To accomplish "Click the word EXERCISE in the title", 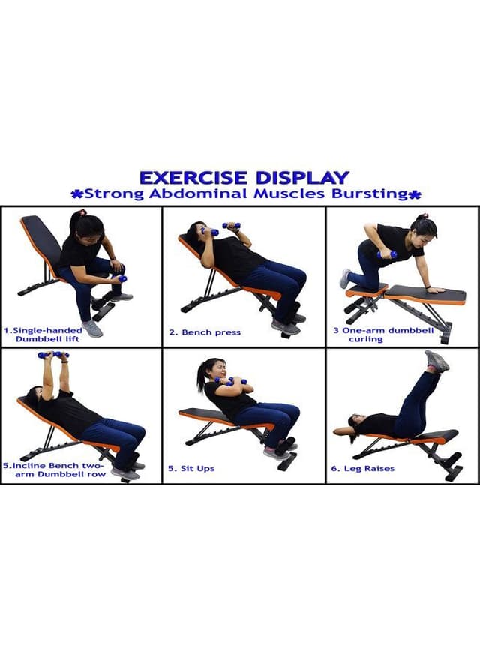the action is (x=193, y=178).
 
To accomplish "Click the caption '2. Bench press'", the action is (x=205, y=332).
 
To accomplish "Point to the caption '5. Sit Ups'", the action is (x=191, y=469).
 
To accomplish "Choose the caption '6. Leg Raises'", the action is (x=363, y=469).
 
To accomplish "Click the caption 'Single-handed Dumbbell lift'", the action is (x=43, y=335).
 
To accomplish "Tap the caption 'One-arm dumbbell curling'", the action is (x=383, y=335).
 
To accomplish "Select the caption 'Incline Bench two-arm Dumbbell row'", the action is (x=53, y=470).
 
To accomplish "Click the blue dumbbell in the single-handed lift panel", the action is (x=121, y=278).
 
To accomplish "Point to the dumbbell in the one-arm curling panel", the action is (x=386, y=254).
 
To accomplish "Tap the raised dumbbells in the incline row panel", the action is (x=53, y=355).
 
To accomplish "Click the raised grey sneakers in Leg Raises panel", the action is (x=436, y=362).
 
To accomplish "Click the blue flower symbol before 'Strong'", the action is (x=76, y=194).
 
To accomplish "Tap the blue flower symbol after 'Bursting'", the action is (x=415, y=194).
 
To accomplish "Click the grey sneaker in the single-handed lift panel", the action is (x=93, y=329).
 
